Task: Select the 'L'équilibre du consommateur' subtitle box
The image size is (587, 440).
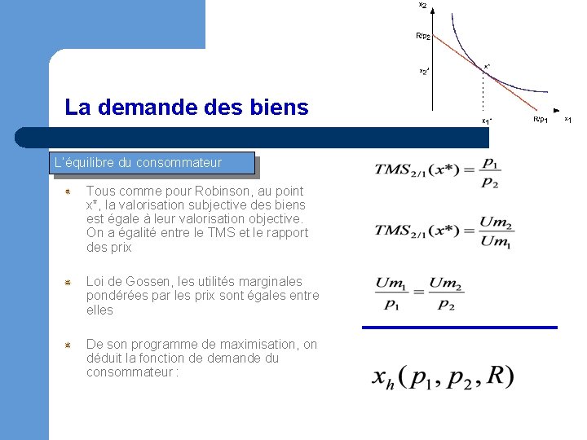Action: tap(152, 163)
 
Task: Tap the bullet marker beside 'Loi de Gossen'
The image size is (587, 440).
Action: tap(71, 282)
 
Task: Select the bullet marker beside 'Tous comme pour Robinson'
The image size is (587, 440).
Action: tap(71, 191)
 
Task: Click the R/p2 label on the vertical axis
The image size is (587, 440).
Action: tap(422, 36)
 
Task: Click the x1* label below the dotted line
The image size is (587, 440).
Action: tap(486, 121)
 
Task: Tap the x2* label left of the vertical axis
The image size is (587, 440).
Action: tap(424, 72)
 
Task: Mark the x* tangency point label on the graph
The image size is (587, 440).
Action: tap(487, 65)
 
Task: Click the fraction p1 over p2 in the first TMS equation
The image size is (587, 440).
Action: tap(490, 171)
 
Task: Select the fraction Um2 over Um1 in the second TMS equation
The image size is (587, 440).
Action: tap(496, 231)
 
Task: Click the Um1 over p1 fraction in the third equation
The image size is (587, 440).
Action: tap(390, 293)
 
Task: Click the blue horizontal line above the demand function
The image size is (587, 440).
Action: tap(459, 328)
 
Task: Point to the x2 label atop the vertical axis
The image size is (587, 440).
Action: tap(422, 5)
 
